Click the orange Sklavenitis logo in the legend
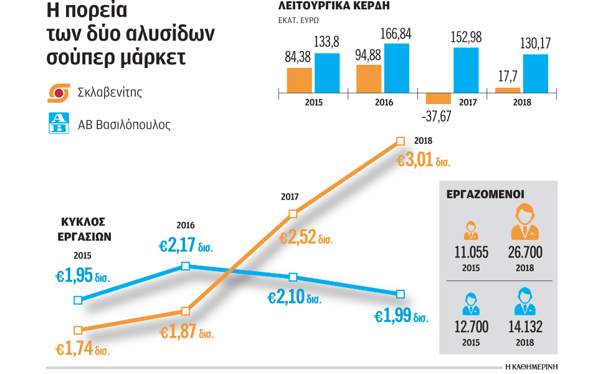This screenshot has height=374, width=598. [60, 93]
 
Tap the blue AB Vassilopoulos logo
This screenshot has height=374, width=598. [60, 123]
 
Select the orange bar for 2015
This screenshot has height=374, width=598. [299, 80]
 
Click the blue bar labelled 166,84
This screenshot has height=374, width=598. [397, 68]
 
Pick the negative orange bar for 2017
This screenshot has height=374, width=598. [439, 98]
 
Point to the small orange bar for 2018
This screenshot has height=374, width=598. [508, 90]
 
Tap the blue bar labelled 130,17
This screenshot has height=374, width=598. [536, 74]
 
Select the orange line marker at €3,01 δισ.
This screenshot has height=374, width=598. [401, 141]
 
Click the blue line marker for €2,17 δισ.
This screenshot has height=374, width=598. [185, 266]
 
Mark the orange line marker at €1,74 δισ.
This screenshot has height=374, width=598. [78, 330]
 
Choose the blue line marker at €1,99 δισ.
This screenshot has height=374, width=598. [401, 294]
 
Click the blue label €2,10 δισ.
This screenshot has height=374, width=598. [294, 297]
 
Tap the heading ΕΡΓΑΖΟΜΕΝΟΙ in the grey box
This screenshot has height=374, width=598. [485, 194]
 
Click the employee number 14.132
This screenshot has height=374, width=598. [524, 326]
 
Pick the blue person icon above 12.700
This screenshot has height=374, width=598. [471, 302]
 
